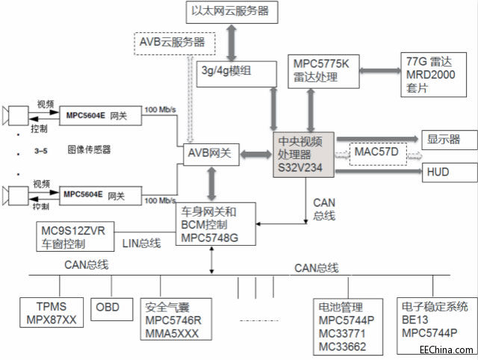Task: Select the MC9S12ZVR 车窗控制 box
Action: tap(72, 238)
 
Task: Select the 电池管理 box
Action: tap(346, 326)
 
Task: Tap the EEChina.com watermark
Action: tap(445, 349)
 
